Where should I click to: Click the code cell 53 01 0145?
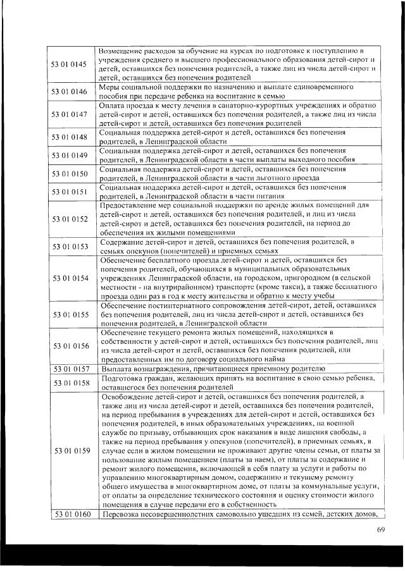point(70,64)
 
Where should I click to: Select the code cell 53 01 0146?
point(70,92)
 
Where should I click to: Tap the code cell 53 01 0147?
point(70,114)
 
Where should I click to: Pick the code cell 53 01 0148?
point(70,137)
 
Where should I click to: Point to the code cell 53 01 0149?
point(70,155)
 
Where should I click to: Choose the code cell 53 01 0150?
point(70,173)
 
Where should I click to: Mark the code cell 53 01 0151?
point(70,192)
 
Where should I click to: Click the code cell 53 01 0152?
point(70,219)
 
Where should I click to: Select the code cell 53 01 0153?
point(70,247)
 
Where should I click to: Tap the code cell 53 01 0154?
point(70,278)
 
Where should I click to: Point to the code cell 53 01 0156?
point(70,346)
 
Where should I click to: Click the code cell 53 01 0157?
point(70,368)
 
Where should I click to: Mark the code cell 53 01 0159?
point(70,450)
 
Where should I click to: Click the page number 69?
point(380,529)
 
